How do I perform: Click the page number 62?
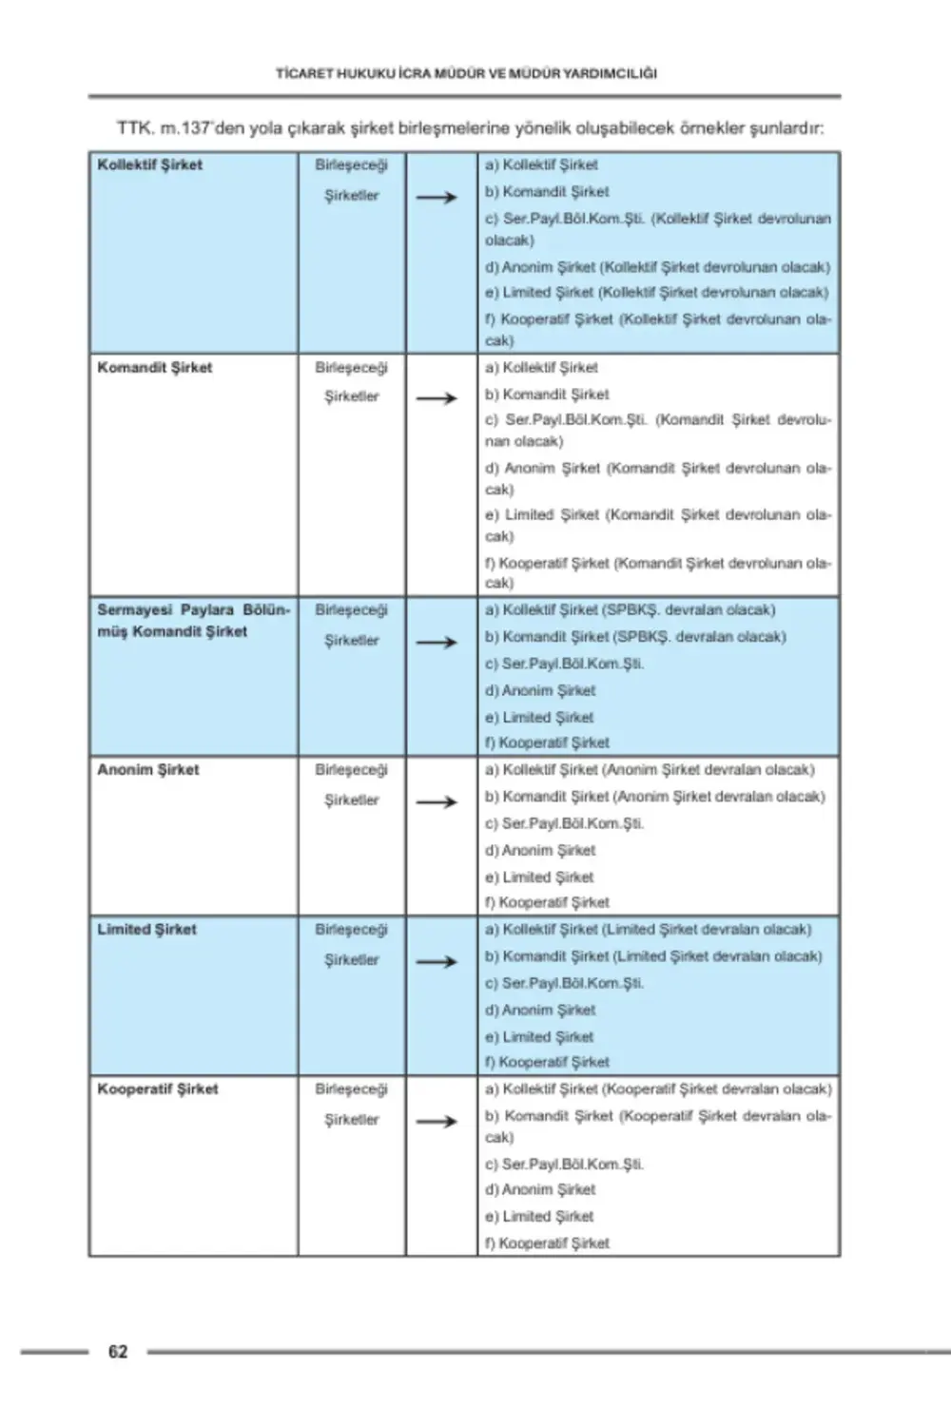click(x=118, y=1352)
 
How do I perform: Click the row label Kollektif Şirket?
click(x=150, y=164)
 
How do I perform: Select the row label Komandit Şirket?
click(x=155, y=368)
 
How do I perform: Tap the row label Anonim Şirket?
click(x=148, y=770)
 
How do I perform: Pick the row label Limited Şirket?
click(x=146, y=930)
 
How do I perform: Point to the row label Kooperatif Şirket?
click(x=158, y=1089)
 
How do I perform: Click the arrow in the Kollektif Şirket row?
click(x=437, y=198)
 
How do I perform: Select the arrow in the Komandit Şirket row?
click(x=437, y=398)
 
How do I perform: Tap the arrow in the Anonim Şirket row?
click(x=437, y=802)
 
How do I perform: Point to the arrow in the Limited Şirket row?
click(x=437, y=962)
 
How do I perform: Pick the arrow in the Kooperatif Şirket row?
click(x=437, y=1122)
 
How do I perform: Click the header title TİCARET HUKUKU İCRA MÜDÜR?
click(x=466, y=73)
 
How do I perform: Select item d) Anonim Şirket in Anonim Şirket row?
click(x=540, y=851)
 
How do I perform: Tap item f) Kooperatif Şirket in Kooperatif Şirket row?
click(x=547, y=1243)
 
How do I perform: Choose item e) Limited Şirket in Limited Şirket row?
click(x=539, y=1037)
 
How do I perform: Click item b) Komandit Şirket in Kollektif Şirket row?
click(x=547, y=192)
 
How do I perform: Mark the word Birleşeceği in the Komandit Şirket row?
click(x=352, y=368)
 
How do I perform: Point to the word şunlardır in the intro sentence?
click(x=786, y=128)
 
